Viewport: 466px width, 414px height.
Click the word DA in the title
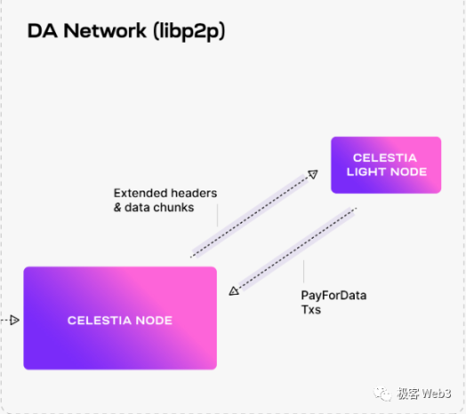click(x=42, y=32)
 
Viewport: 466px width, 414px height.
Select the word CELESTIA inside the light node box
click(x=385, y=157)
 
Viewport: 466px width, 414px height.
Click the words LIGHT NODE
click(x=385, y=171)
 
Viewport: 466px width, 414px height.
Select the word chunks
click(x=175, y=208)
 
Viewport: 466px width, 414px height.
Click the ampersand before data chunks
click(x=118, y=208)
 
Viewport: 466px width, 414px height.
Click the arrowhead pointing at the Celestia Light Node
click(x=312, y=175)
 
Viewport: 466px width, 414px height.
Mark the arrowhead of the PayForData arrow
click(x=234, y=289)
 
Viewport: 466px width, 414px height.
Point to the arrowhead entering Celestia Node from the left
click(x=13, y=320)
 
